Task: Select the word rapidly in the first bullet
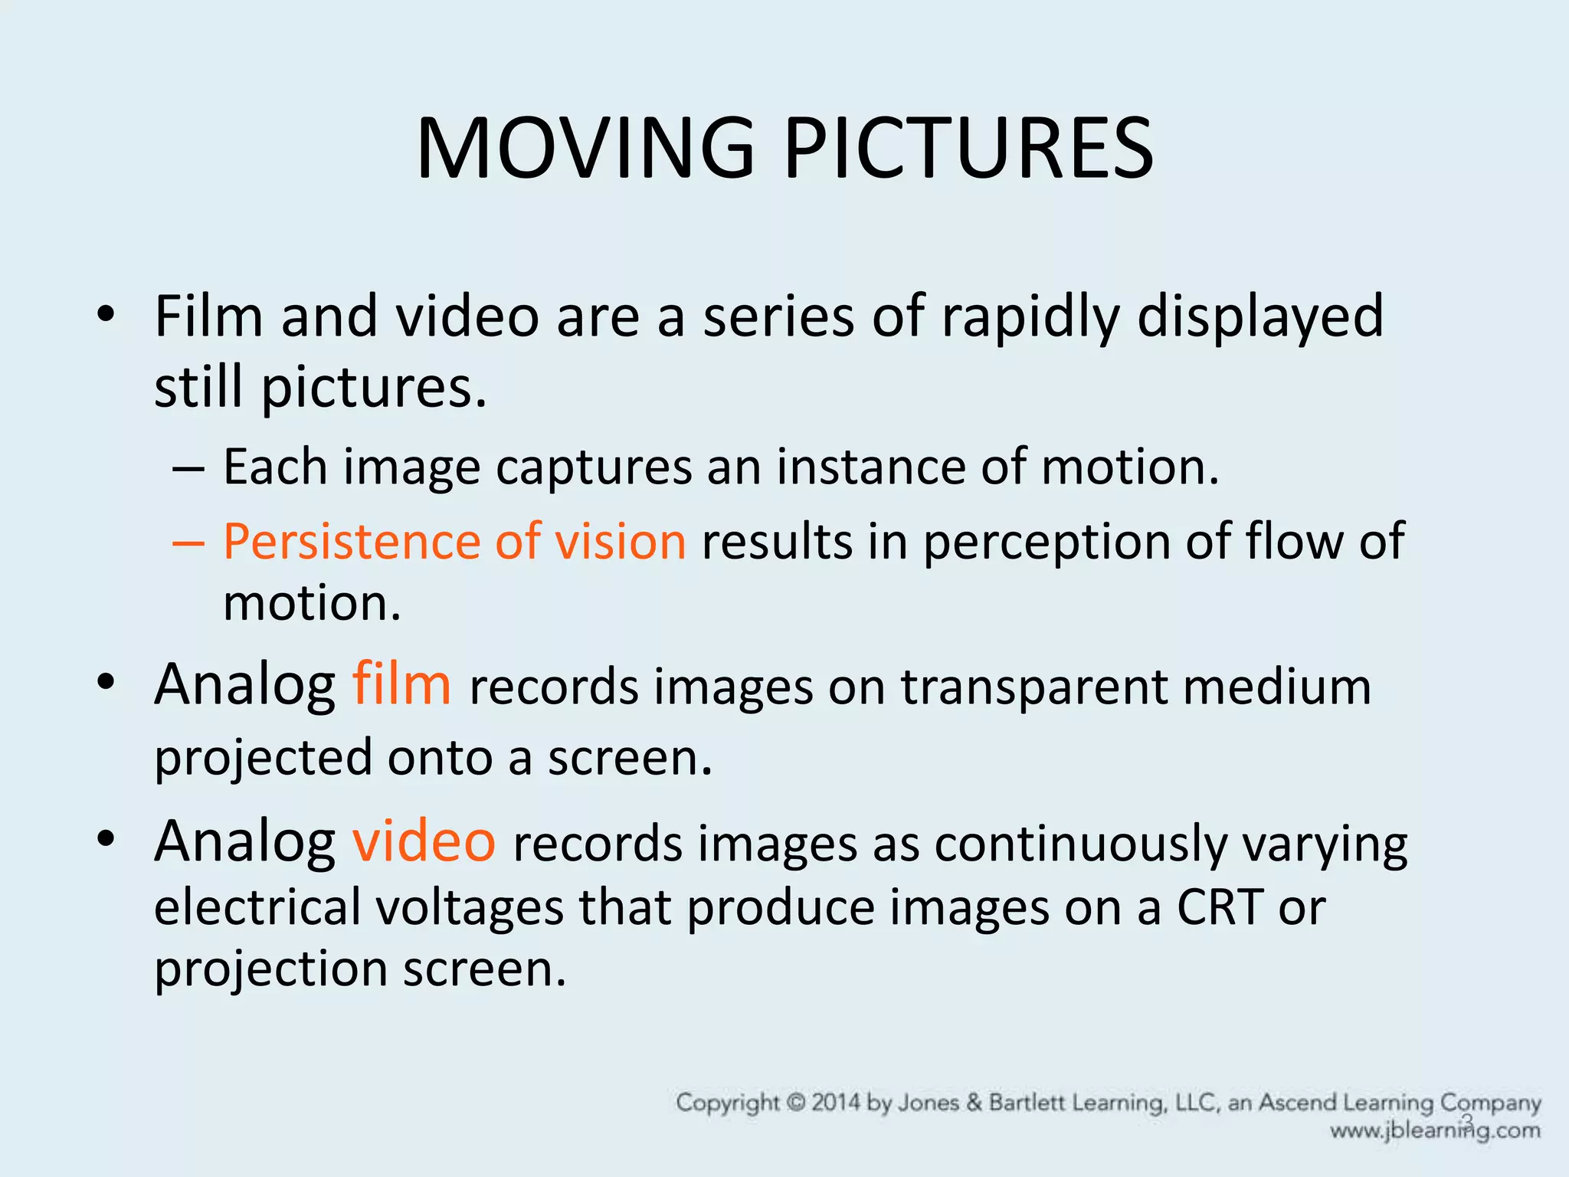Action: point(1030,316)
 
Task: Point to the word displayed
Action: point(1260,316)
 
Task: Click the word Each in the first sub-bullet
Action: point(275,467)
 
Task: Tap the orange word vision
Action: point(620,542)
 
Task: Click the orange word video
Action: point(424,841)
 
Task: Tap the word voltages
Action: point(470,908)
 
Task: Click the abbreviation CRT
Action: point(1219,908)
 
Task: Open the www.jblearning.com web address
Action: point(1435,1130)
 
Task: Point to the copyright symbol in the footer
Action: point(797,1103)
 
